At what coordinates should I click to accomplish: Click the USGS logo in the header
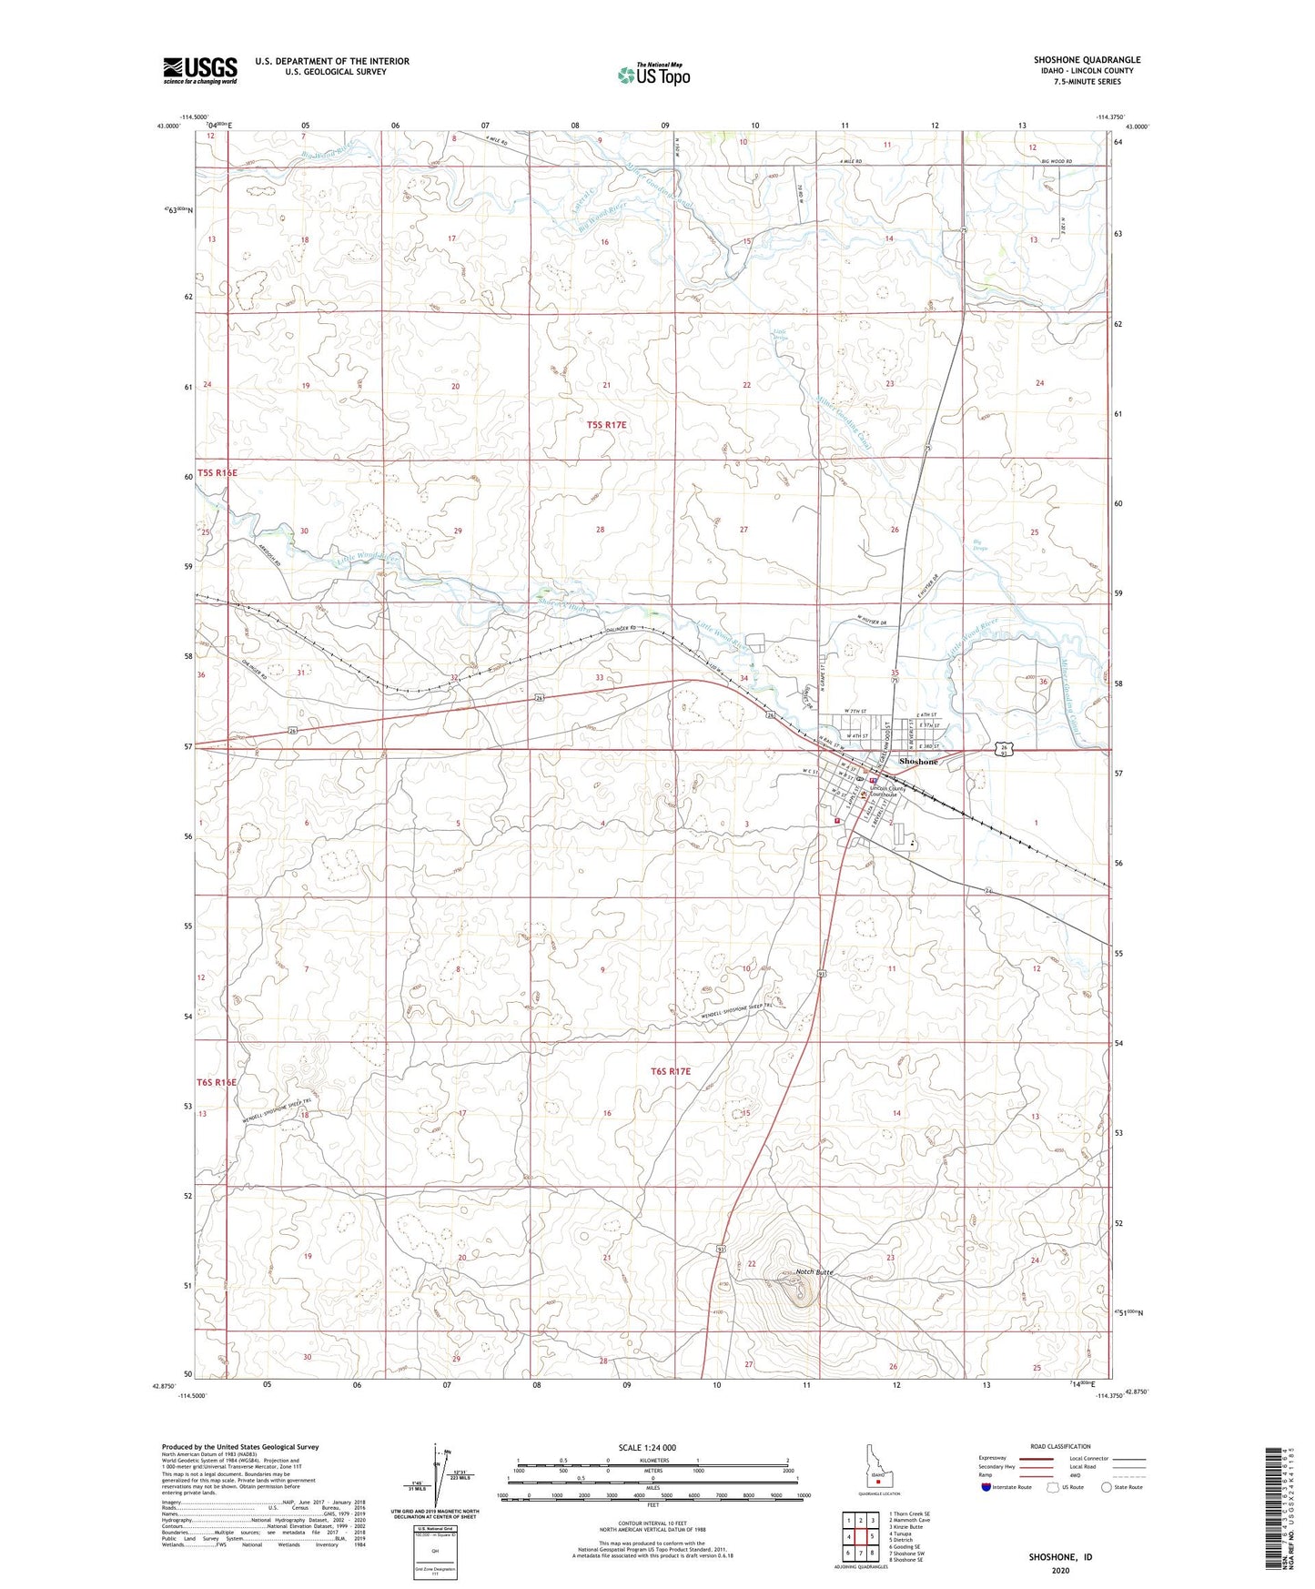click(x=200, y=70)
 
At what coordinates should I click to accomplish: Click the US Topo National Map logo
click(x=652, y=75)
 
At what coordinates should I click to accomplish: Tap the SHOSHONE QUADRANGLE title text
click(x=1087, y=60)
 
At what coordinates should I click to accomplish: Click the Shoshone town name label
click(x=917, y=761)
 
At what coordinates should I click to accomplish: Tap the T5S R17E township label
click(x=606, y=425)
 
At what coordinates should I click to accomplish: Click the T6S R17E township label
click(x=670, y=1071)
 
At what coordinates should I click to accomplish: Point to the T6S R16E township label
click(x=217, y=1082)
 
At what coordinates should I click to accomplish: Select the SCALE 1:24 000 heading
click(x=647, y=1447)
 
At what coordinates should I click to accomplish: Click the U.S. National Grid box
click(x=436, y=1546)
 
